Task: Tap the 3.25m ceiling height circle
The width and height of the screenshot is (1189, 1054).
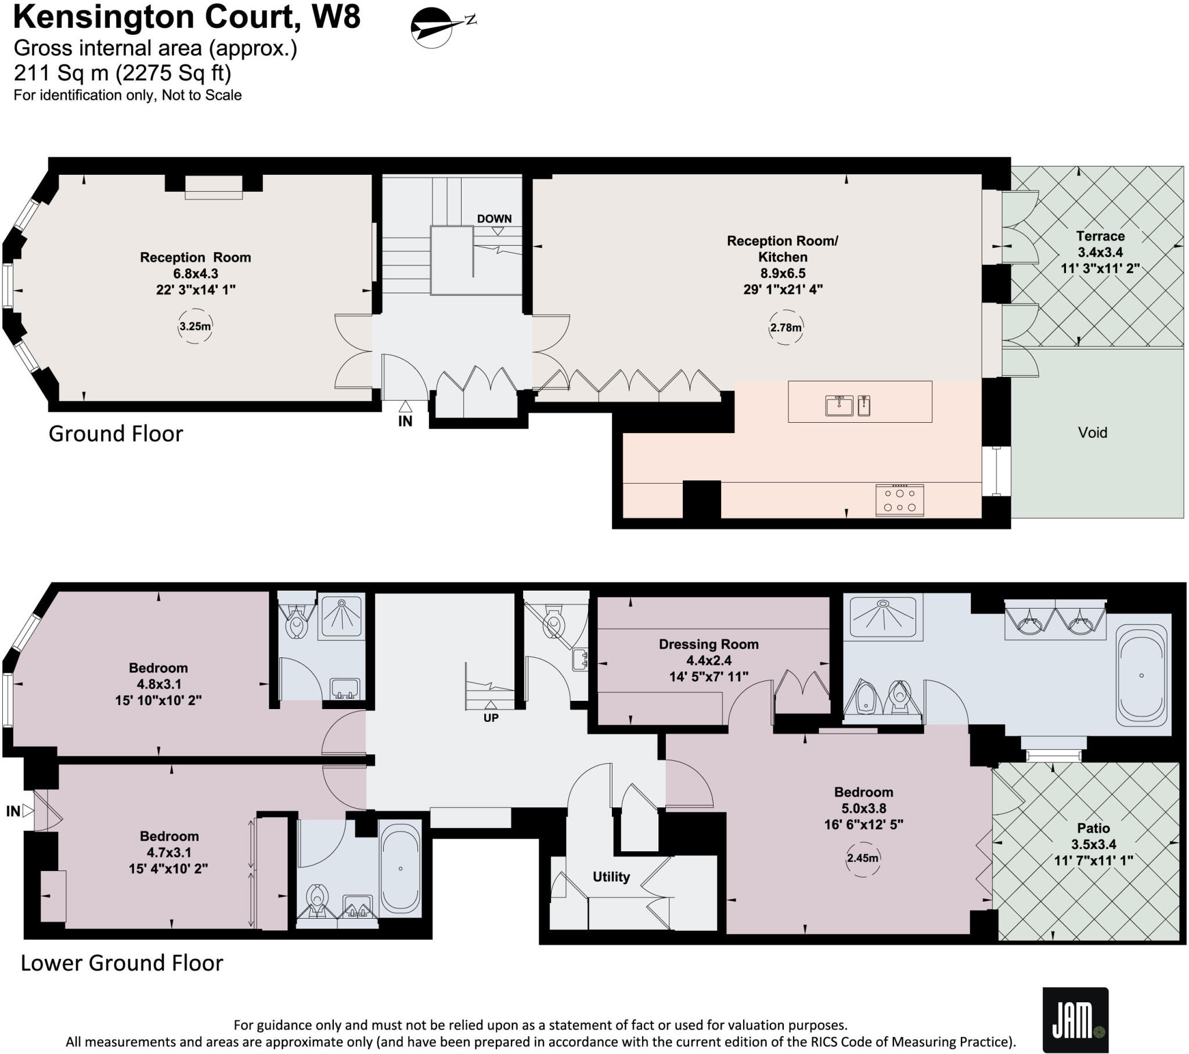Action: point(195,326)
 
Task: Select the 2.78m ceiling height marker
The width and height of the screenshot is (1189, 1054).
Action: point(786,328)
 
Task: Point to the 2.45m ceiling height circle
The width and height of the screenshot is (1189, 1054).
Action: point(862,858)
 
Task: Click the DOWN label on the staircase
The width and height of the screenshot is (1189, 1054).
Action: point(494,219)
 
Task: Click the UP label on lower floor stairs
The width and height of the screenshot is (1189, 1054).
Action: point(491,718)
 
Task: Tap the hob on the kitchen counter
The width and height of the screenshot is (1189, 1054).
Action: point(899,500)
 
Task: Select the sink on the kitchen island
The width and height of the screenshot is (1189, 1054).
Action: point(839,405)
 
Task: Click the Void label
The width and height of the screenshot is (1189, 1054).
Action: point(1092,433)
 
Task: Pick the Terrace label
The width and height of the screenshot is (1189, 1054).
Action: point(1100,236)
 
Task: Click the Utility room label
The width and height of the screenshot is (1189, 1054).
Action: point(611,876)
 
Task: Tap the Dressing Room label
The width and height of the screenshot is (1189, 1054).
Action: point(708,644)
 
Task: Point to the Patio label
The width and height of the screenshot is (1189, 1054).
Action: point(1093,828)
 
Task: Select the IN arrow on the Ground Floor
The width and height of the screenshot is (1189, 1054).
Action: point(405,408)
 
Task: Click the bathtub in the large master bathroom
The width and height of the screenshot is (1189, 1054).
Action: point(1141,676)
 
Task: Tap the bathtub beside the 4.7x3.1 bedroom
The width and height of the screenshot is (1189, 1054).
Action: point(400,868)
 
